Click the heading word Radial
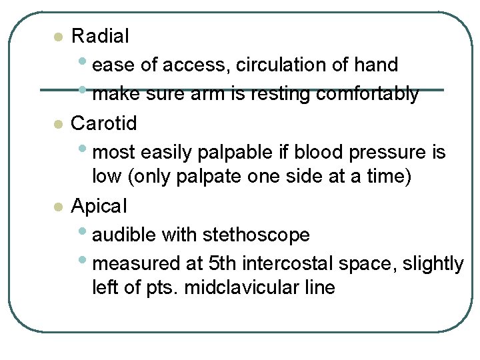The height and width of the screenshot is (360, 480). [x=100, y=36]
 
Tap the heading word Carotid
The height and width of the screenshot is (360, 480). [x=104, y=123]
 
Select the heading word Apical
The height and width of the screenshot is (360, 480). [x=99, y=206]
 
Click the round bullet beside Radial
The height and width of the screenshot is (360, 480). [x=59, y=37]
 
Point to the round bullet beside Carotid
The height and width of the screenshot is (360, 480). [x=59, y=124]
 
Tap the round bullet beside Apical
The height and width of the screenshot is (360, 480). [x=59, y=207]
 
